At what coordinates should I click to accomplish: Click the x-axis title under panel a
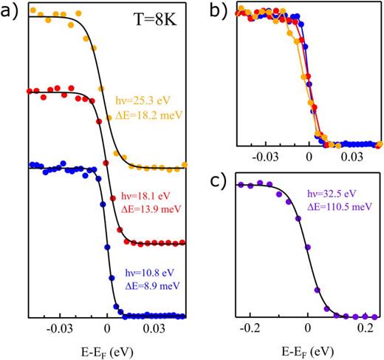108,347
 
